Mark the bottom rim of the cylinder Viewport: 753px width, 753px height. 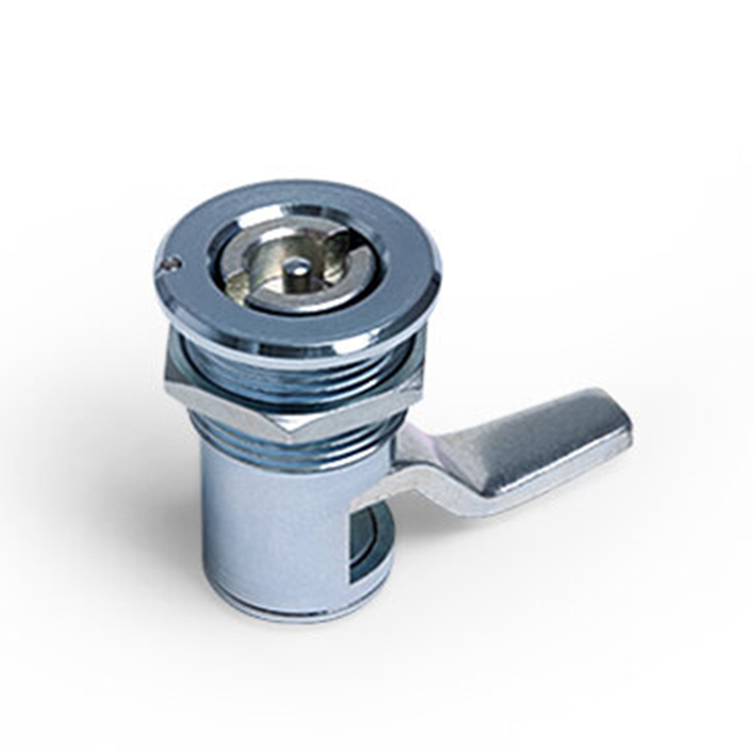click(282, 612)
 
